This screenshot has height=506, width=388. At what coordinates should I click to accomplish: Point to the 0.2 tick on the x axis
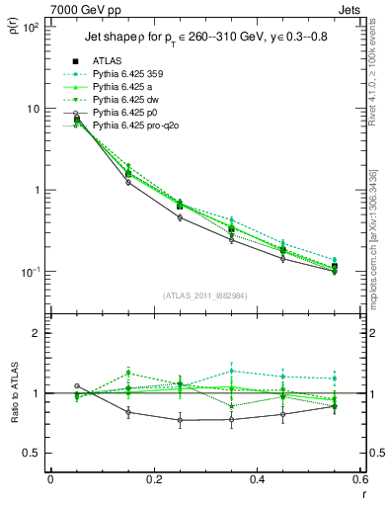click(x=153, y=480)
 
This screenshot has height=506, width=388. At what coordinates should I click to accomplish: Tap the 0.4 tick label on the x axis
click(x=257, y=480)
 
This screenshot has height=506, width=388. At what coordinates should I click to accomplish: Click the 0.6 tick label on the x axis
click(x=360, y=480)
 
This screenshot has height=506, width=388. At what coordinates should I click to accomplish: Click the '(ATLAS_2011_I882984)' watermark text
click(x=204, y=297)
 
